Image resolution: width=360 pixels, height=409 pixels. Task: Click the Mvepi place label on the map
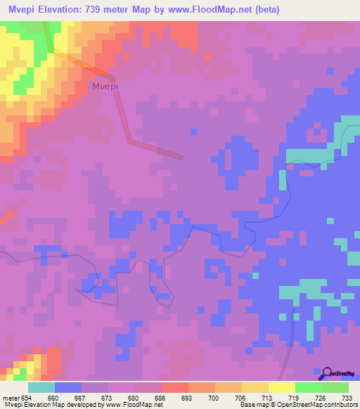tap(104, 86)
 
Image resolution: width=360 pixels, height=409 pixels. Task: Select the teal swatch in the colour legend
tap(41, 387)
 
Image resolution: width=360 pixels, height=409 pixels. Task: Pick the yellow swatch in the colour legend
tap(281, 387)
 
